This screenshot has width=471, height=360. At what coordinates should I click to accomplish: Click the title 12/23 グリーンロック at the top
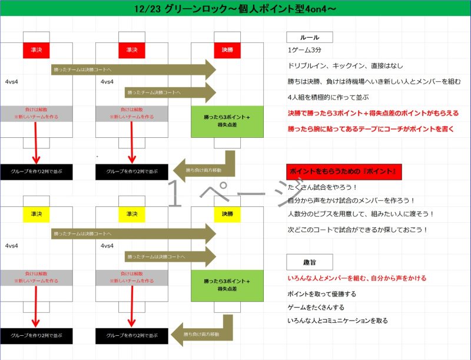tap(235, 8)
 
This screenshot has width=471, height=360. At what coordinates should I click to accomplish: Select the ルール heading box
tap(310, 37)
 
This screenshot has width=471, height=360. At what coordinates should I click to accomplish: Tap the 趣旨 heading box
tap(310, 262)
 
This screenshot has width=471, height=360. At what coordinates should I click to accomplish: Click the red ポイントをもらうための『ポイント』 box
tap(344, 171)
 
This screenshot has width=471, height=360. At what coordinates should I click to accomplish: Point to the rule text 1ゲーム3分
tap(304, 51)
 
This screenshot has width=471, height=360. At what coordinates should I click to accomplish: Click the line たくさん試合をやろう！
tap(323, 187)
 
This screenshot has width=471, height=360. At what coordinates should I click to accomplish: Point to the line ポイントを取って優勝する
tap(321, 293)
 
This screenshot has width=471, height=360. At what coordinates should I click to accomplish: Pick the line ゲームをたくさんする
tap(316, 307)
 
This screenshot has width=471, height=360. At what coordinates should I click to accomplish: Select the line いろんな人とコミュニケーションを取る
tap(338, 321)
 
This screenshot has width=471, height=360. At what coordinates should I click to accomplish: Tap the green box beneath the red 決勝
tap(227, 121)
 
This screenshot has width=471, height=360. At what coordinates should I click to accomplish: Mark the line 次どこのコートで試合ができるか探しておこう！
tap(357, 229)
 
